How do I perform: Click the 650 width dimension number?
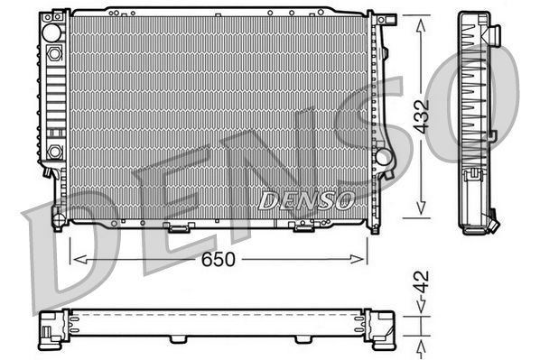[x=219, y=259]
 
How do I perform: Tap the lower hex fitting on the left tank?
[x=54, y=150]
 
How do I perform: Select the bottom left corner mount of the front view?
[x=59, y=217]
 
